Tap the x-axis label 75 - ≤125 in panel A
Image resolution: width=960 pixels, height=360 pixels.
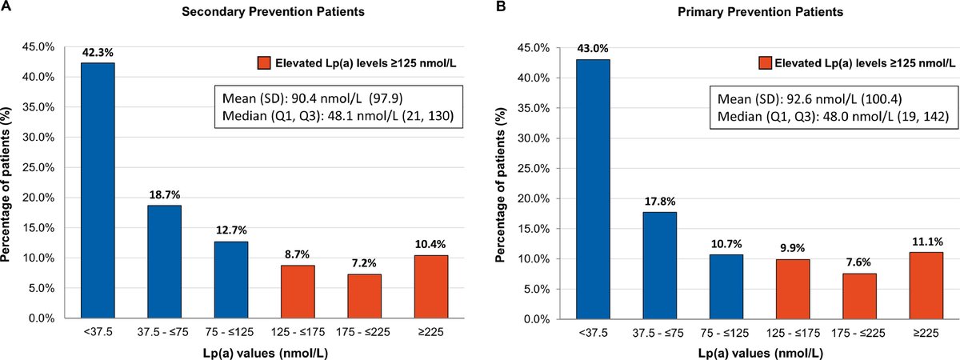tap(230, 330)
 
